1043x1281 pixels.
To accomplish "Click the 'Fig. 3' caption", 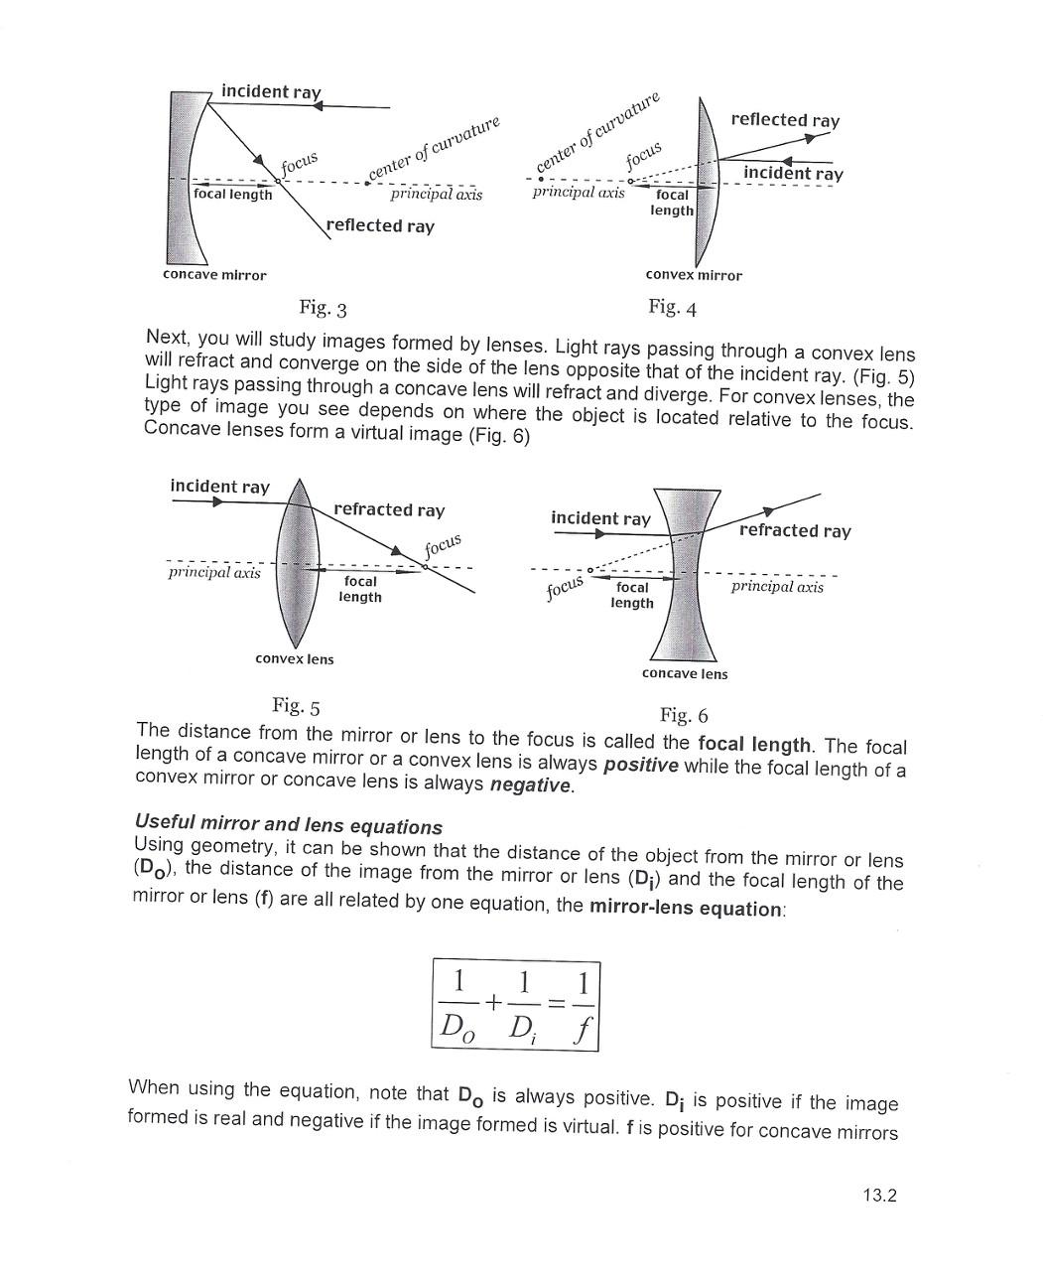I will (x=323, y=308).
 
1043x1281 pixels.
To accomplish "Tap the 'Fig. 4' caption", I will (x=672, y=307).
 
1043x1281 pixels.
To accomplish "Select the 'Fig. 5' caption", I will (x=296, y=706).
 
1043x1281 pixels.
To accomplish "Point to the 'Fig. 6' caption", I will (x=684, y=715).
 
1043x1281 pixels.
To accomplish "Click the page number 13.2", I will (x=879, y=1195).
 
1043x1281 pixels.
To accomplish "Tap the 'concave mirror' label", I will (x=214, y=275).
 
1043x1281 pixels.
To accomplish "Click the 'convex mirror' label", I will (x=693, y=275).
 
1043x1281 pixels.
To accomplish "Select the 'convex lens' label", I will (x=294, y=658).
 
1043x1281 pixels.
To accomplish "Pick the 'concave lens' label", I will (x=684, y=673).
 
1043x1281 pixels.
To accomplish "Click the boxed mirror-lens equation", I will (x=516, y=1004).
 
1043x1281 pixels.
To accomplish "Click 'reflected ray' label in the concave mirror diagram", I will (x=380, y=225).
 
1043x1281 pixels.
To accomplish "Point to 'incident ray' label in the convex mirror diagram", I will (x=793, y=174).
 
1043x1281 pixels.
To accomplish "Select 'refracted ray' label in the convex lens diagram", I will (x=389, y=509).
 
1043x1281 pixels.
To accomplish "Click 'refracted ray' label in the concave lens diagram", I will (x=795, y=530).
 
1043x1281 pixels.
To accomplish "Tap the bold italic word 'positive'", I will (x=640, y=765).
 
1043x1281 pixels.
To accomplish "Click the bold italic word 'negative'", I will (x=531, y=785).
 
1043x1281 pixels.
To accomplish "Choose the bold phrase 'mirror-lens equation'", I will (x=685, y=908).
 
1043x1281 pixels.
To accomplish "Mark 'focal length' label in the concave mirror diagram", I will (x=232, y=195).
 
